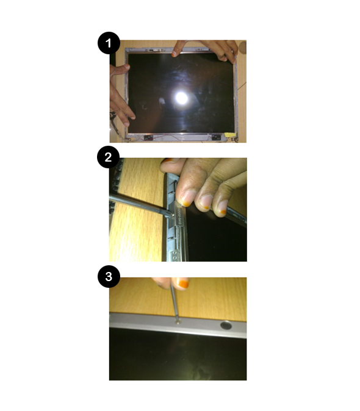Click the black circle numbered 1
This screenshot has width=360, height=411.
pyautogui.click(x=109, y=43)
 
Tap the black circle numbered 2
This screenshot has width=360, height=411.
pyautogui.click(x=108, y=157)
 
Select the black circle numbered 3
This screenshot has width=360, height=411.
pyautogui.click(x=109, y=276)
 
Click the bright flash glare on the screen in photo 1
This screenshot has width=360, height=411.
pyautogui.click(x=181, y=98)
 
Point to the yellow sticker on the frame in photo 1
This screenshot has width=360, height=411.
pyautogui.click(x=229, y=134)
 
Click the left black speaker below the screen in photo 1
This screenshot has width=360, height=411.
pyautogui.click(x=148, y=137)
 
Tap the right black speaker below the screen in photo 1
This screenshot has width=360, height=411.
pyautogui.click(x=216, y=137)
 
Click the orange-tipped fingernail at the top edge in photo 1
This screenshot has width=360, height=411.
pyautogui.click(x=174, y=54)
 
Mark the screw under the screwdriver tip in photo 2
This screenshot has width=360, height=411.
pyautogui.click(x=173, y=215)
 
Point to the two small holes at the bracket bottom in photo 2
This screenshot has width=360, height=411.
pyautogui.click(x=175, y=255)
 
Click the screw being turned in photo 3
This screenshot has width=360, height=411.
pyautogui.click(x=178, y=323)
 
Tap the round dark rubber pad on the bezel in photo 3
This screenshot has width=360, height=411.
pyautogui.click(x=226, y=326)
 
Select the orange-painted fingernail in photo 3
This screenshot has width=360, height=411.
pyautogui.click(x=182, y=283)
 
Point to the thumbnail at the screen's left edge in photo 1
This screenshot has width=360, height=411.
pyautogui.click(x=127, y=66)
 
